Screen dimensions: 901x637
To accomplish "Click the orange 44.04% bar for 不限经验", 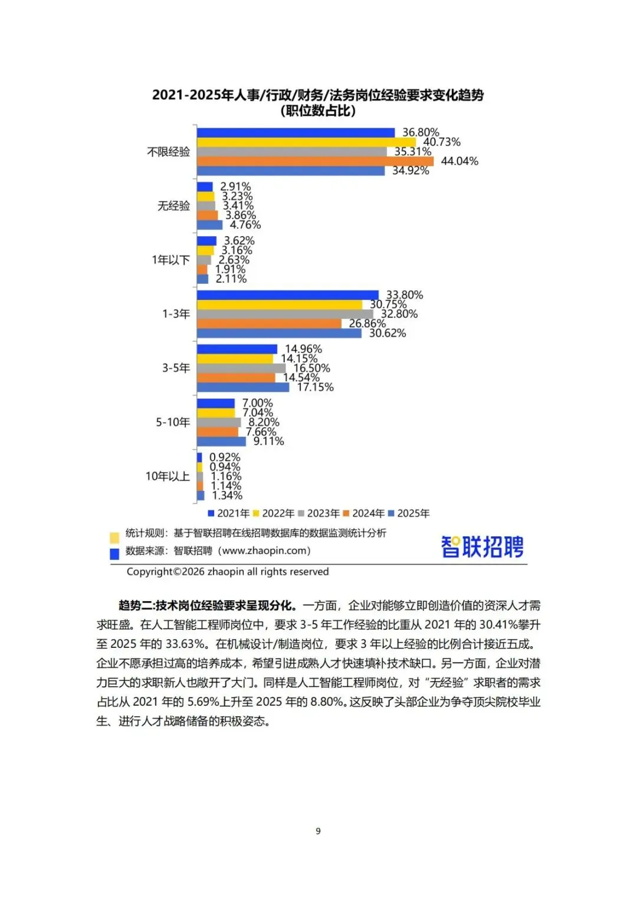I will [315, 161].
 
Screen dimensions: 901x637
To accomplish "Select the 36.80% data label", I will [421, 132].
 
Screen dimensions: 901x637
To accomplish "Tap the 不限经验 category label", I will [169, 152].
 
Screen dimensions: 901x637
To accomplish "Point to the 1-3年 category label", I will [176, 314].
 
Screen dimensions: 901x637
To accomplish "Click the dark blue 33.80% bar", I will [288, 295].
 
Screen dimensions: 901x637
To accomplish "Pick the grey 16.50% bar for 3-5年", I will [241, 368].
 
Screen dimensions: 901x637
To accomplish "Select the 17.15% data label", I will [315, 387].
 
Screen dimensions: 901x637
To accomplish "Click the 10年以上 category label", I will [168, 476].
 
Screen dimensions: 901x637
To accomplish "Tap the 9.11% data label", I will [268, 441].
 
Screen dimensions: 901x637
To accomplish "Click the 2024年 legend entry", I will [364, 513].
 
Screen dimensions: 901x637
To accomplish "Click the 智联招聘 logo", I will [482, 546].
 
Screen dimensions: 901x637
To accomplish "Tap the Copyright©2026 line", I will [228, 571].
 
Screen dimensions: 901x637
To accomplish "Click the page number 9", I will [318, 831].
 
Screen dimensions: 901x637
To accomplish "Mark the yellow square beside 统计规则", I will [114, 538].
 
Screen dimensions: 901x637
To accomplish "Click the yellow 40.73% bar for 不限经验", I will [306, 142].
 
